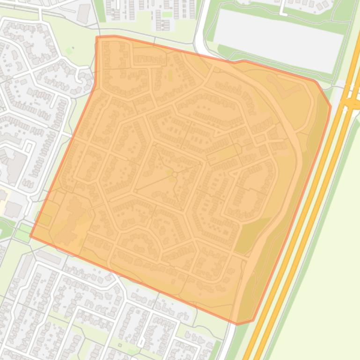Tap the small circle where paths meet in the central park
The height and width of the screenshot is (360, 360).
(x=175, y=174)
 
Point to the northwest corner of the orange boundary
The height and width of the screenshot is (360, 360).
(x=97, y=37)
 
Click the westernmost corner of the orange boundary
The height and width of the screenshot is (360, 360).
(x=31, y=236)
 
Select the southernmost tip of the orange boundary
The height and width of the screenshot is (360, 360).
(x=238, y=324)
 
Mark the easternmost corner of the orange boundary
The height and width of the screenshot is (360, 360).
(x=331, y=107)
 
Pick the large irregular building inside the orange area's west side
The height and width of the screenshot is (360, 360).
(x=70, y=220)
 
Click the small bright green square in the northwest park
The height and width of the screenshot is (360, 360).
(x=69, y=50)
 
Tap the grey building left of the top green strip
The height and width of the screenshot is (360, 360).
(x=84, y=13)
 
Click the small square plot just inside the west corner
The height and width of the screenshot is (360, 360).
(x=44, y=219)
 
